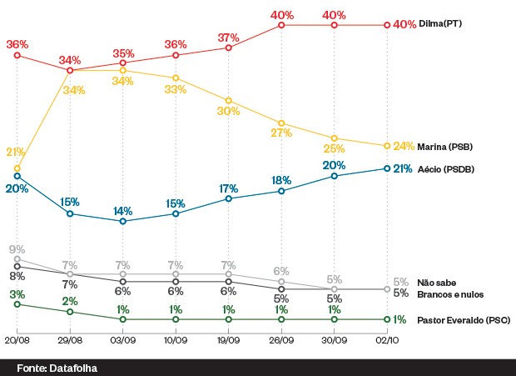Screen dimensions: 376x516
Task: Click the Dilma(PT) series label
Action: tap(440, 25)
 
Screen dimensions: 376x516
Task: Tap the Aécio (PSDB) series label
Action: tap(446, 169)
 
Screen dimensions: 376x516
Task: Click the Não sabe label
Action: tap(435, 283)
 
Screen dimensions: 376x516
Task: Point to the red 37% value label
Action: tap(229, 38)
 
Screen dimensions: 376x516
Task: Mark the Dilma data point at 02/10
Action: tap(387, 25)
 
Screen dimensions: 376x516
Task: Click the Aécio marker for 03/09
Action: tap(123, 222)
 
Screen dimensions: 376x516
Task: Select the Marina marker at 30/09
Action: tap(335, 138)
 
